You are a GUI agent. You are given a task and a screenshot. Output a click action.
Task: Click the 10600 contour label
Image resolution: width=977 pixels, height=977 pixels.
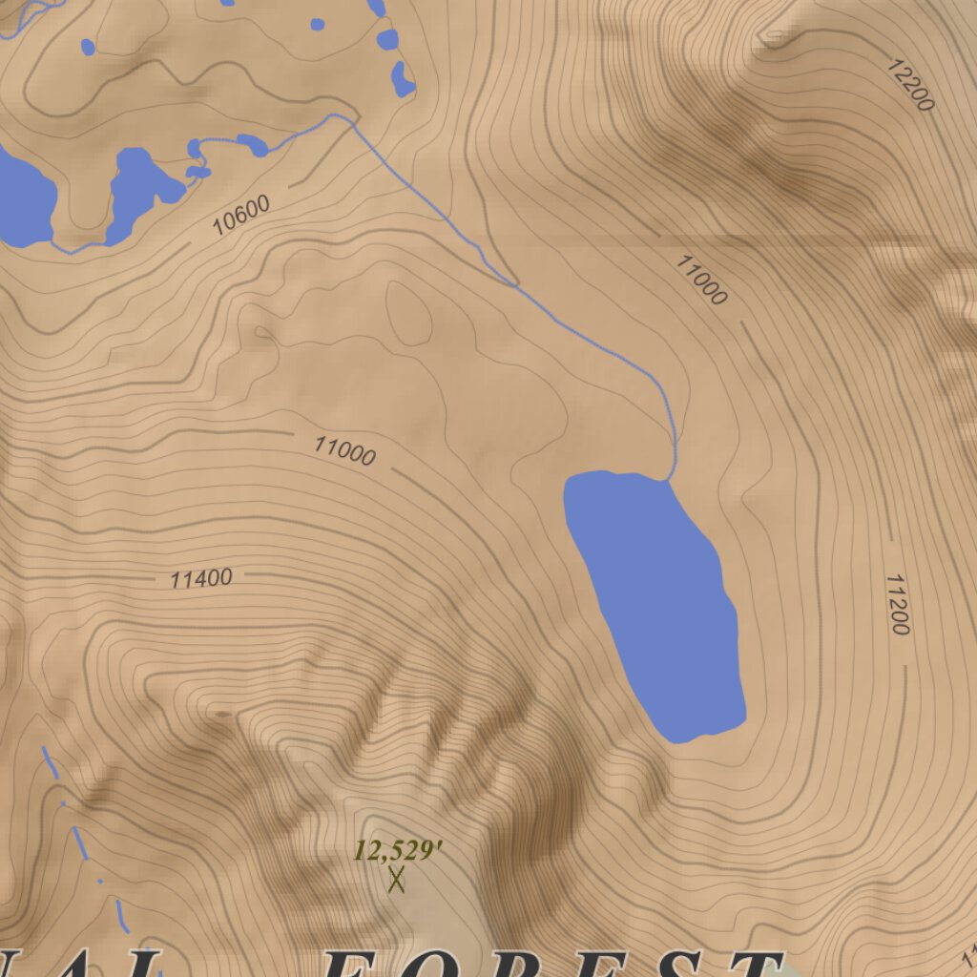(240, 216)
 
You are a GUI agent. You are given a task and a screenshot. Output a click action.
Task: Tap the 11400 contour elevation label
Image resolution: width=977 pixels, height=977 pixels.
(201, 578)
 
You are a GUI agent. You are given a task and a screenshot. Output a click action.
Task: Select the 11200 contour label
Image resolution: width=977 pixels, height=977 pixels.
(897, 604)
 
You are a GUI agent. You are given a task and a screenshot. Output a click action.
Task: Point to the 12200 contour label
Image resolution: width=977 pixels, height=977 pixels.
(909, 85)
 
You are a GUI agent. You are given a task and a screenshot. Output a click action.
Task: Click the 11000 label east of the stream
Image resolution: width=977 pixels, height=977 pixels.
(701, 279)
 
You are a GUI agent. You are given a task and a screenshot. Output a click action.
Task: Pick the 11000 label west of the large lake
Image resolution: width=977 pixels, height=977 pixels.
(344, 450)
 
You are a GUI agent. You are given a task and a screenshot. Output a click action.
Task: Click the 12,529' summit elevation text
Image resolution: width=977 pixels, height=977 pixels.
(397, 850)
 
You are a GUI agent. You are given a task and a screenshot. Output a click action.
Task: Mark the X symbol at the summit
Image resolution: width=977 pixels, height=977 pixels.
(397, 879)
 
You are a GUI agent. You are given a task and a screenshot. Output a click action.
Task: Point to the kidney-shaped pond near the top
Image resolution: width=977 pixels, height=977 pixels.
(403, 80)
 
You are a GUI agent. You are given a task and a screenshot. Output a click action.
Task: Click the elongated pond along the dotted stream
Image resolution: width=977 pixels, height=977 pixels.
(253, 145)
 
